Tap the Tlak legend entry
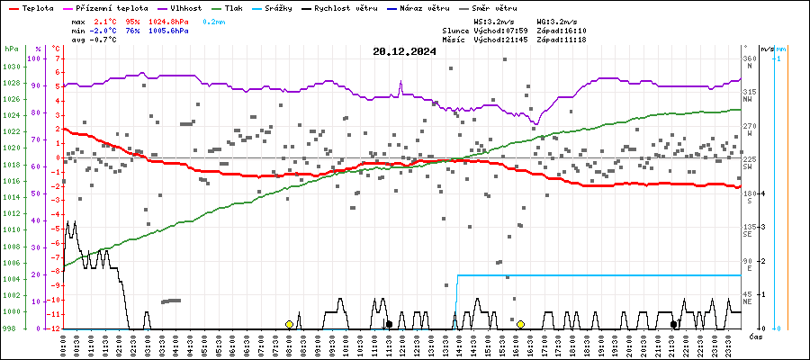pos(234,7)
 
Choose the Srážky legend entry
pos(283,7)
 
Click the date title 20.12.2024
pos(404,51)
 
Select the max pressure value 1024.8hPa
pos(167,20)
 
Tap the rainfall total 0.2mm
pos(213,20)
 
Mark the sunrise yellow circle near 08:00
pos(289,324)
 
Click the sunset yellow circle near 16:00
pos(520,324)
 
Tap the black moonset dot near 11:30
pos(389,324)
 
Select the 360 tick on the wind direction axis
pos(749,58)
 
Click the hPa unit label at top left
pos(11,49)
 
